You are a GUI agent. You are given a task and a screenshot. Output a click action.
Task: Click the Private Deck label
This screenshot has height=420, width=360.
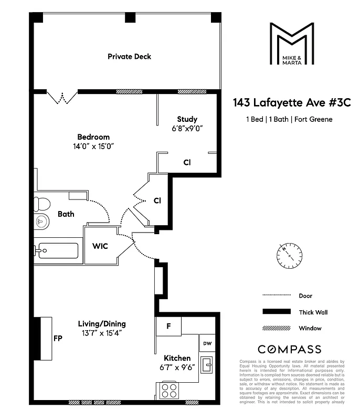point(129,56)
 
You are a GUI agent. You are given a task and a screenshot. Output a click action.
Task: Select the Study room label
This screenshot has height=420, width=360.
point(187,119)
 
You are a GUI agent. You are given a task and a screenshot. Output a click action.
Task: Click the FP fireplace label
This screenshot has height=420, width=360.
point(58,339)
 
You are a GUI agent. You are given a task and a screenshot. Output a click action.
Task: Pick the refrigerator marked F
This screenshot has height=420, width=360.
point(168,326)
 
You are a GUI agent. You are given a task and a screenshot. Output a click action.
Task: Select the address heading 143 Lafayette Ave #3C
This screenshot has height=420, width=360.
point(291,103)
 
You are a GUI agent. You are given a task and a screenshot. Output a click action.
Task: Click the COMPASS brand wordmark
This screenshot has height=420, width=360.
point(289,349)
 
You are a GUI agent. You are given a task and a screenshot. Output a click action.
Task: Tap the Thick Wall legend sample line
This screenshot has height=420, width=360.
point(277,312)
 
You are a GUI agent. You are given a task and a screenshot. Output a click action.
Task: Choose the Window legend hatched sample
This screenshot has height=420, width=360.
point(277,329)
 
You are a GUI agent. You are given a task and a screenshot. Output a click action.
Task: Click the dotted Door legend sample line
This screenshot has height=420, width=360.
point(277,295)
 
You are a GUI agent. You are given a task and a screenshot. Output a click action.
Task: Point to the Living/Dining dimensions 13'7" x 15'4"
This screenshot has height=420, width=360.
point(101,333)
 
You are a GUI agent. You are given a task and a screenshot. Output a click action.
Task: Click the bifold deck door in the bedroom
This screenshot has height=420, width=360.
point(61,98)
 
